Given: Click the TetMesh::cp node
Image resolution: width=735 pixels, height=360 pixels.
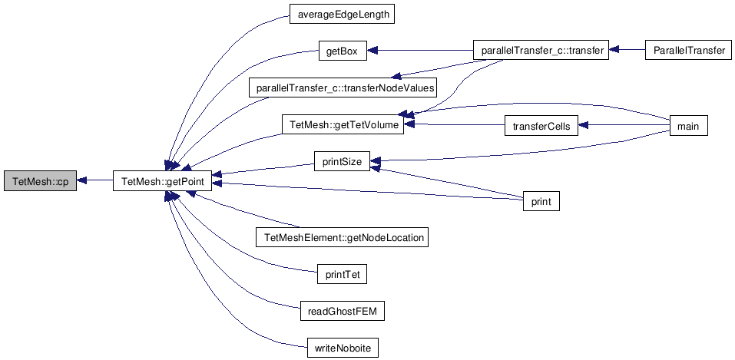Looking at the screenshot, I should pyautogui.click(x=40, y=181).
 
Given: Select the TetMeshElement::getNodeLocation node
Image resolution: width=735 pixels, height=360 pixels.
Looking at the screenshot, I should pyautogui.click(x=342, y=237).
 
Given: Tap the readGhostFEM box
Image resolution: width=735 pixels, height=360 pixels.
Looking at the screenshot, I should pyautogui.click(x=342, y=311).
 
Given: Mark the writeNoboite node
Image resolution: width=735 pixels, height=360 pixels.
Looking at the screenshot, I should pyautogui.click(x=342, y=348).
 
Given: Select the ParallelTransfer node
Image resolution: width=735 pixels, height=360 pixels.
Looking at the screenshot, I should pyautogui.click(x=689, y=51).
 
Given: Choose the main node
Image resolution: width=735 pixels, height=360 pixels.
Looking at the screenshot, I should pyautogui.click(x=689, y=125).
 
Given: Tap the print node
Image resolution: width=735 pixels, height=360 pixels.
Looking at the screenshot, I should pyautogui.click(x=541, y=202).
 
